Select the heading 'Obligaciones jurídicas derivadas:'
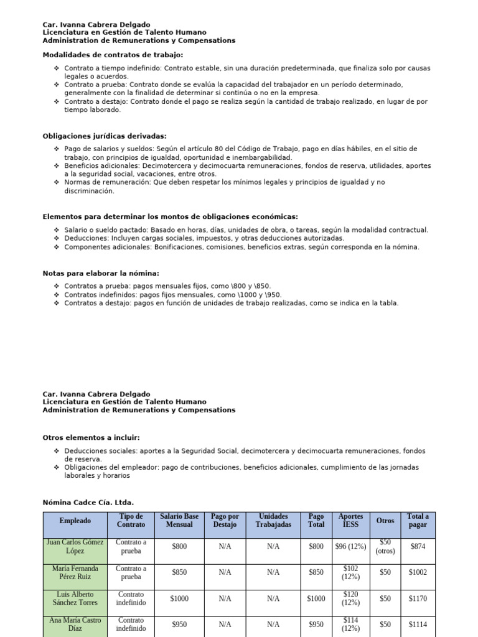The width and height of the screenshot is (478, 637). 104,136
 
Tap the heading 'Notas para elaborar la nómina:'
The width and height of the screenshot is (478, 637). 101,273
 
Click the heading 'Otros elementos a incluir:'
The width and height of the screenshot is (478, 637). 91,438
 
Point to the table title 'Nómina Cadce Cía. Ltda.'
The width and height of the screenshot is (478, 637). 88,503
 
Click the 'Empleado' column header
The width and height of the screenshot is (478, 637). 75,520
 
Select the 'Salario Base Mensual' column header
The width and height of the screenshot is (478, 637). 179,520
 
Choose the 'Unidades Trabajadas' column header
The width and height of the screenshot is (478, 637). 273,520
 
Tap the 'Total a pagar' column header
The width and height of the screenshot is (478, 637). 418,520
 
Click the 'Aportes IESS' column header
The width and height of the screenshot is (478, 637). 350,520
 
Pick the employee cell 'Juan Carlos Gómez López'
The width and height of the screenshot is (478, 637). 75,546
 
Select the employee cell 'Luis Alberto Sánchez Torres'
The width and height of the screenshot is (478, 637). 75,598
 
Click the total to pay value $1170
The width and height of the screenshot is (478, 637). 418,598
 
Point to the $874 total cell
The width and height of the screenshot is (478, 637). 418,546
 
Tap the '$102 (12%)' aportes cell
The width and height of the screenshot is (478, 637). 350,572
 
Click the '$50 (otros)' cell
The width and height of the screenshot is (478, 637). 385,546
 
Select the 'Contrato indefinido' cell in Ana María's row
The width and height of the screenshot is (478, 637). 131,624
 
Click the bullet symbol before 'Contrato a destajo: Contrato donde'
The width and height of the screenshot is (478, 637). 57,101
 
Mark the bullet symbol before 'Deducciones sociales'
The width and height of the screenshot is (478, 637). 57,450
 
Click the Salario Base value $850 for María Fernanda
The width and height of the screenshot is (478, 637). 179,572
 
